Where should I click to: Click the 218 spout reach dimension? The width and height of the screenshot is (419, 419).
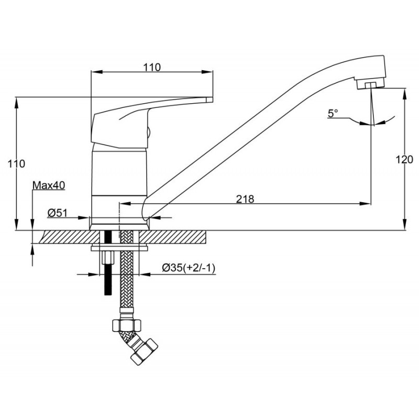pos(245,199)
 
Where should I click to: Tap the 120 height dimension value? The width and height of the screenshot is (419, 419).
pos(404,160)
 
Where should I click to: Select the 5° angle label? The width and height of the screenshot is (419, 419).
pos(333,114)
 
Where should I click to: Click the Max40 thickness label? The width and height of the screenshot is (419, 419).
pos(49,185)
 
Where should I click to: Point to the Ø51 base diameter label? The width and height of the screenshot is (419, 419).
pos(58,213)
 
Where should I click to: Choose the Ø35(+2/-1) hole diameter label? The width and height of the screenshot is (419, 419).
pos(189,268)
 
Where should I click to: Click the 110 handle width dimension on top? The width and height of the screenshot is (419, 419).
pos(152,68)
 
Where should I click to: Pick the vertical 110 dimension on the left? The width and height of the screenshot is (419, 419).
pos(16,163)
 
